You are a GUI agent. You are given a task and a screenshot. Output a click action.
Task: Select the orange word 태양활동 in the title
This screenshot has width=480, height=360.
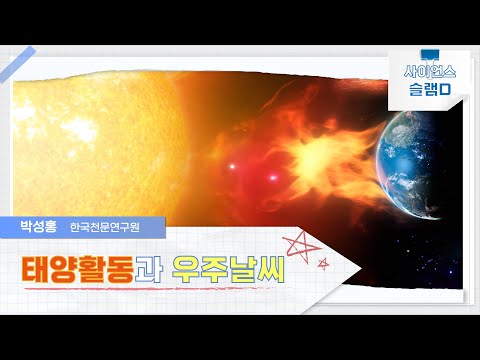click(78, 267)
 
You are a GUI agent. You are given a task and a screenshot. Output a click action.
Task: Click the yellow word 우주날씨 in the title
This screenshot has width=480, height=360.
click(227, 267)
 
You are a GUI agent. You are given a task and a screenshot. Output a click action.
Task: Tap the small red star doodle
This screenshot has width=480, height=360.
click(323, 263)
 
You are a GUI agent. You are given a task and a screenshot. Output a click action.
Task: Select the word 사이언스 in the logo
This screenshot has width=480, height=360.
click(430, 73)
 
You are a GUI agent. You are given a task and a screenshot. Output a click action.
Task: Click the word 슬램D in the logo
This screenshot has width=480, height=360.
click(430, 90)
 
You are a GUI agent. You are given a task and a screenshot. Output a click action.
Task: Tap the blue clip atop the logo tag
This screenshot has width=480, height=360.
click(430, 51)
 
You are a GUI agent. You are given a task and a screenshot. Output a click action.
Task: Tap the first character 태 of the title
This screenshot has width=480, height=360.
click(38, 267)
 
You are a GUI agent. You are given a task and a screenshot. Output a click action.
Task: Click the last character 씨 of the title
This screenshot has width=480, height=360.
click(266, 267)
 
